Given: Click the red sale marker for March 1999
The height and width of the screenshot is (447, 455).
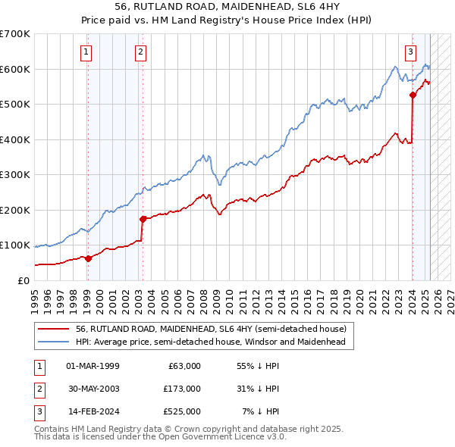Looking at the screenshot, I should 88,258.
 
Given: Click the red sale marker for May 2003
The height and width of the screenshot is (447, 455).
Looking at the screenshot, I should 143,219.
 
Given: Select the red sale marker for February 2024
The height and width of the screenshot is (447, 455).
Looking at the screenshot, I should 413,95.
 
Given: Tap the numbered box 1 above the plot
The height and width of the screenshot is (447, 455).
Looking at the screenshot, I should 86,52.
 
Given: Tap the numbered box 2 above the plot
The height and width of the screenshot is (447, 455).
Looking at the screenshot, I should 141,52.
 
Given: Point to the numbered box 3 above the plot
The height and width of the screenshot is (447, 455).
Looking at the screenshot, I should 410,52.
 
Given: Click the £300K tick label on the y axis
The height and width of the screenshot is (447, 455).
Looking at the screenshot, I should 15,175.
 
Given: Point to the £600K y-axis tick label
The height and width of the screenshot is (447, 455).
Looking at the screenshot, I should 15,69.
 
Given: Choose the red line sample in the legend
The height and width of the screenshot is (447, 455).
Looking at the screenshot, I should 53,330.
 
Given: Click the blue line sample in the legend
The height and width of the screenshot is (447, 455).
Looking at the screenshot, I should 53,342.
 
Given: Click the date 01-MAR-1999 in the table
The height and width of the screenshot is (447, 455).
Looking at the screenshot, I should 93,366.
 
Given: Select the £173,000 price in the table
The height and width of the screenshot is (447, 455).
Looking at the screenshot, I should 181,389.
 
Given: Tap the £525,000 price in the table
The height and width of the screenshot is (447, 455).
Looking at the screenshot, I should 181,411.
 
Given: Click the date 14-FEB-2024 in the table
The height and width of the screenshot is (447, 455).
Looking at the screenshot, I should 93,411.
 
